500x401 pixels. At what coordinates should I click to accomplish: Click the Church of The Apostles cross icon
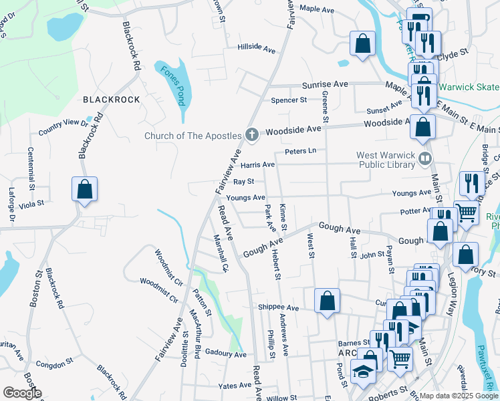coord(252,136)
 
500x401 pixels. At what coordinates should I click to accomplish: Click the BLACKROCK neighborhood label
coord(112,100)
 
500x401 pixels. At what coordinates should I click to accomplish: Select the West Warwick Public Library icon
coord(425,158)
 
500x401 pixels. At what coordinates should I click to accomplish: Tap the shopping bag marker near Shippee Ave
coord(327,301)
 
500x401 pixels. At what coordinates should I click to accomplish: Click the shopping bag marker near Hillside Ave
coord(362,45)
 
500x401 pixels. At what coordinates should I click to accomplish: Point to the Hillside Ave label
coord(256,49)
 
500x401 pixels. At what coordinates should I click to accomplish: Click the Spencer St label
coord(288,100)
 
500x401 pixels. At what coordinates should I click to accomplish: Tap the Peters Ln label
coord(299,152)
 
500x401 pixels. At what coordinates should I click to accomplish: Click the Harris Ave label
coord(258,164)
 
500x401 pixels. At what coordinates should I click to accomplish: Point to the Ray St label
coord(243,181)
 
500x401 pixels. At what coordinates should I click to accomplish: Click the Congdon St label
coord(55,364)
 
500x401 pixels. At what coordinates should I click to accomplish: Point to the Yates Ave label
coord(235,386)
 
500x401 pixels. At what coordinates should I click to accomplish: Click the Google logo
coord(22,393)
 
